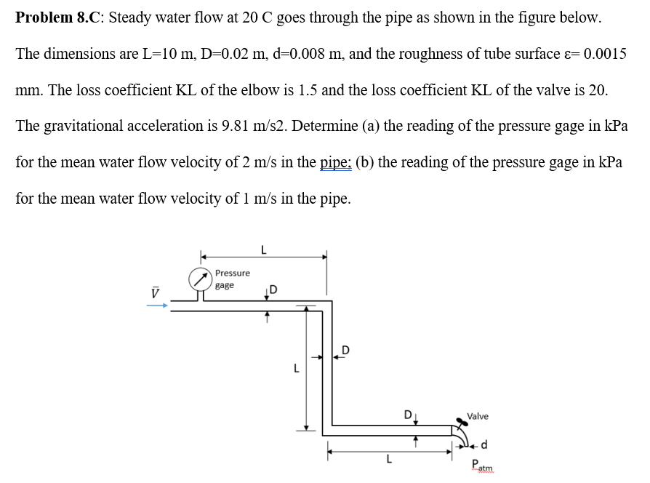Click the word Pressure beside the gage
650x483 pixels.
(x=232, y=273)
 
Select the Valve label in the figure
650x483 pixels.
(x=478, y=416)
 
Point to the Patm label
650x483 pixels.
(x=481, y=466)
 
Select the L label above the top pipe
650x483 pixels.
(x=262, y=249)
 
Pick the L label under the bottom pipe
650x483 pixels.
(x=389, y=460)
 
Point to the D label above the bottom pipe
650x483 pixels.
(x=409, y=416)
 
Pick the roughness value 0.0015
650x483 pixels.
(x=601, y=55)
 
